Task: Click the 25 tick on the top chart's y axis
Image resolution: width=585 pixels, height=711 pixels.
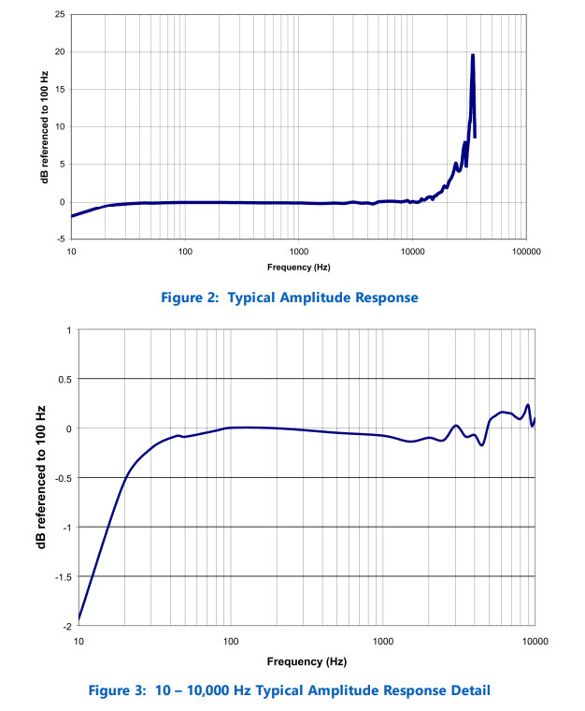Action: tap(59, 15)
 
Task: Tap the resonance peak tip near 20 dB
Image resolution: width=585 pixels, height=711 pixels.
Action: tap(473, 55)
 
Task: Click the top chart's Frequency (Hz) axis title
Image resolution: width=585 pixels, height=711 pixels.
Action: tap(298, 268)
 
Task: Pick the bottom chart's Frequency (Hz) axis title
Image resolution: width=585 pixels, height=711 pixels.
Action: tap(307, 661)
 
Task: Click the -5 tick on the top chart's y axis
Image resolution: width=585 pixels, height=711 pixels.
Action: tap(61, 239)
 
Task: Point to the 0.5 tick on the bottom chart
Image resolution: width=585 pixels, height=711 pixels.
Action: tap(64, 379)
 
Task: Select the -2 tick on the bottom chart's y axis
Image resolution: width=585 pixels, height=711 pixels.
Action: tap(66, 626)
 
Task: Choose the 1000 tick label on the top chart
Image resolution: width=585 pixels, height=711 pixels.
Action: tap(298, 253)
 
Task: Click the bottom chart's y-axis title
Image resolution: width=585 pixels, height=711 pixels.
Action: tap(41, 477)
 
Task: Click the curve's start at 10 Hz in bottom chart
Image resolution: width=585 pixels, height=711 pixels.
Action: tap(79, 618)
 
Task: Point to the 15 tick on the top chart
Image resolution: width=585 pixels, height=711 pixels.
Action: tap(59, 90)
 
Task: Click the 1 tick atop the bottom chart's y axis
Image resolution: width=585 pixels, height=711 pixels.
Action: tap(68, 330)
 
